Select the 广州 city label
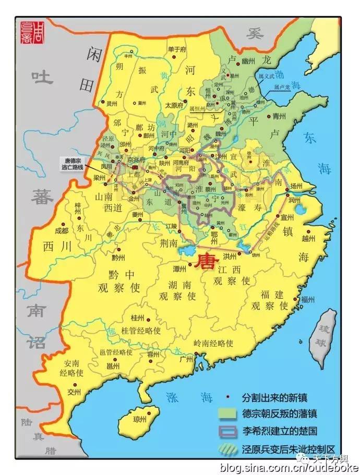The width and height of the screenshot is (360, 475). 186,359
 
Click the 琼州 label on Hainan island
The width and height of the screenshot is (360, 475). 140,418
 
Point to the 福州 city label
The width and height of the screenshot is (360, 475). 307,299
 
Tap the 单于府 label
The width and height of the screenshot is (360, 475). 175,49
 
